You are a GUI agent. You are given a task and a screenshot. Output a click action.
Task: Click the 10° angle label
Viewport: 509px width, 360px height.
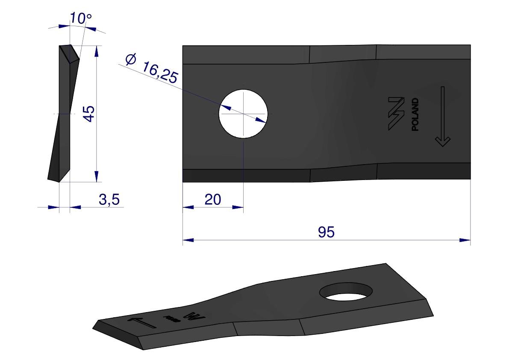[81, 18]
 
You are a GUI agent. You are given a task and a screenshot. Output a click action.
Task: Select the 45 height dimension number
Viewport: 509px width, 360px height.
[88, 114]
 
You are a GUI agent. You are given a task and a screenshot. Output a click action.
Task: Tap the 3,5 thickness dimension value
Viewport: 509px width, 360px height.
[109, 199]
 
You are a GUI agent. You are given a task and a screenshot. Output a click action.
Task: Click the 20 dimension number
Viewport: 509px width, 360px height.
[213, 199]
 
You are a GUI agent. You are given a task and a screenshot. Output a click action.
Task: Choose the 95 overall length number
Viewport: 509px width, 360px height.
[326, 232]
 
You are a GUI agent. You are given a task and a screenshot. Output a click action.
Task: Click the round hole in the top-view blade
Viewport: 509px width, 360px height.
[243, 114]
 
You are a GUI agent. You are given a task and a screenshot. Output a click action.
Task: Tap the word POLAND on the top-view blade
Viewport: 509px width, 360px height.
[415, 114]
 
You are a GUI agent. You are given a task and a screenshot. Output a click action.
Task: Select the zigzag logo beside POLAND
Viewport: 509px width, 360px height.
[396, 114]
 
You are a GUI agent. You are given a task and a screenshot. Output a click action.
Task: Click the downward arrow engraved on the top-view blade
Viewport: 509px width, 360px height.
[442, 117]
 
